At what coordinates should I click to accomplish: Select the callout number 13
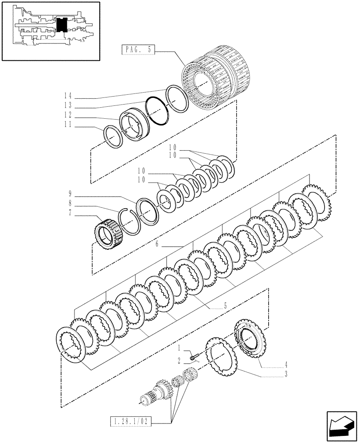(x=67, y=106)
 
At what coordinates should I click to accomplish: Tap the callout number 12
(x=67, y=117)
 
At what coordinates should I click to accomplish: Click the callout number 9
(x=70, y=193)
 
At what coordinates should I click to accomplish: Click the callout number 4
(x=286, y=366)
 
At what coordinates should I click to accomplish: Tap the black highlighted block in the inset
(x=62, y=24)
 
